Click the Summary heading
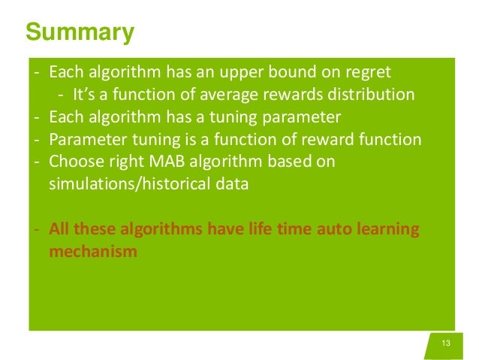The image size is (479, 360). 80,33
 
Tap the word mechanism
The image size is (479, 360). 93,251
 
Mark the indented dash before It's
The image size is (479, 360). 61,95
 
